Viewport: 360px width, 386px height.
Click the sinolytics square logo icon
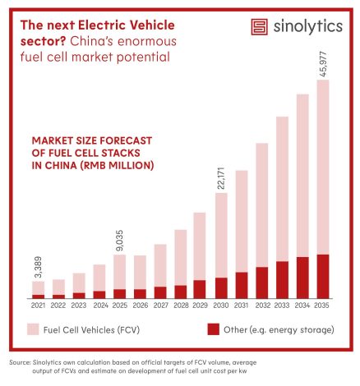tap(259, 27)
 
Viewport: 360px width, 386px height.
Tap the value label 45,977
tap(323, 64)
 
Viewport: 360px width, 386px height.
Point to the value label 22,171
tap(221, 178)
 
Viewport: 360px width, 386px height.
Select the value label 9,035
tap(119, 241)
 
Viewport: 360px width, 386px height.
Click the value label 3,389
tap(39, 267)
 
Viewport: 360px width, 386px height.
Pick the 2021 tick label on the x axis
tap(38, 306)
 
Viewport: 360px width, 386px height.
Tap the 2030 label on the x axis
tap(221, 306)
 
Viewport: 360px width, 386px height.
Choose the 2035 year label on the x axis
tap(321, 306)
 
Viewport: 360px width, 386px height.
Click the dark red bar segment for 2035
tap(323, 277)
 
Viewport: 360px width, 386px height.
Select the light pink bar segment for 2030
tap(221, 236)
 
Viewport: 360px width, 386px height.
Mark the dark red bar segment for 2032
tap(262, 283)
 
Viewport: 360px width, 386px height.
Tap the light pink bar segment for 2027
tap(160, 265)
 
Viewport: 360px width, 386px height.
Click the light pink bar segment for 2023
tap(79, 283)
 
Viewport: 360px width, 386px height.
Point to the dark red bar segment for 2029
tap(200, 289)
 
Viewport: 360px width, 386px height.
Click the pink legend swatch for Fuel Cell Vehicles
tap(33, 329)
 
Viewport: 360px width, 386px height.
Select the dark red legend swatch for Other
tap(214, 329)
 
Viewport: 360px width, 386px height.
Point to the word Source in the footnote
tap(20, 362)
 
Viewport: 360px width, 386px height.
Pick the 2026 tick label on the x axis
tap(141, 306)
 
